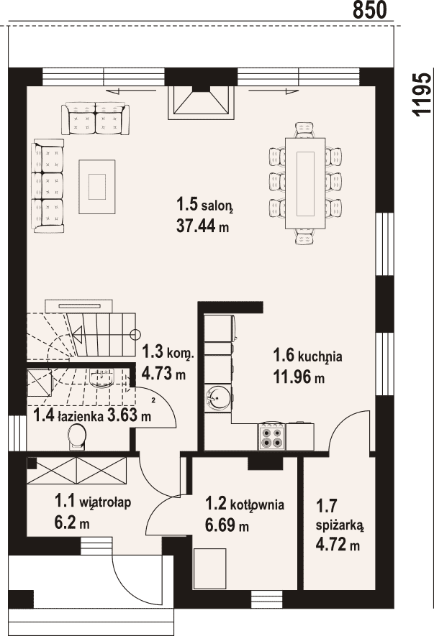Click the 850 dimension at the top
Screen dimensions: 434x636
(369, 10)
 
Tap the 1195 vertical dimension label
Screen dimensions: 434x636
(421, 96)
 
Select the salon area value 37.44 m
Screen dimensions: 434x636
(202, 226)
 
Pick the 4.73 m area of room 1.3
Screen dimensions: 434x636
(163, 373)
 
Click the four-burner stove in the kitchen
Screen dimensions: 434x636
(271, 437)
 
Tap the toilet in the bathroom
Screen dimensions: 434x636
(76, 438)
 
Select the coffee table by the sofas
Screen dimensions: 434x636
(97, 186)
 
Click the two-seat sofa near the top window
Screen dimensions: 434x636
(96, 119)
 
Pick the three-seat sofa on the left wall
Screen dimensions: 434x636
(48, 186)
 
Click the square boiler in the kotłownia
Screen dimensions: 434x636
(209, 568)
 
